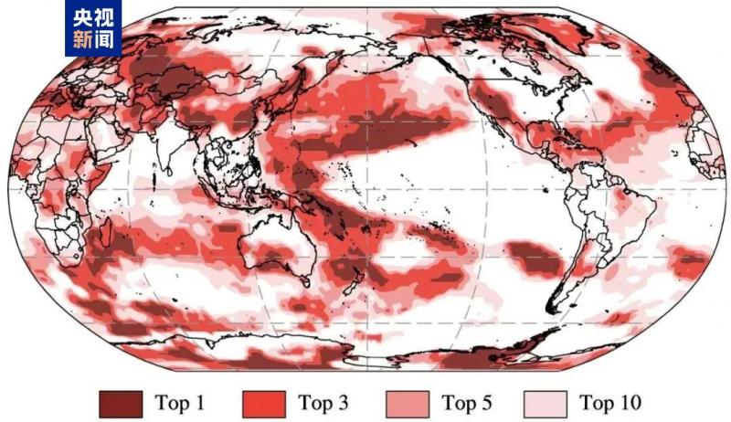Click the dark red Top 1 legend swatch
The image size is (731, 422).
coord(121,403)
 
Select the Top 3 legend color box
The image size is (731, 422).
coord(266,403)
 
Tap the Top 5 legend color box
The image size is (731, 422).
coord(409,403)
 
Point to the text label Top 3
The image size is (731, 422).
coord(323,403)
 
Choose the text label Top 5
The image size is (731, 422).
coord(466,403)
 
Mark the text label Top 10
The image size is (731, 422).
coord(609,403)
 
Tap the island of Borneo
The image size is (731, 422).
coord(231,183)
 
